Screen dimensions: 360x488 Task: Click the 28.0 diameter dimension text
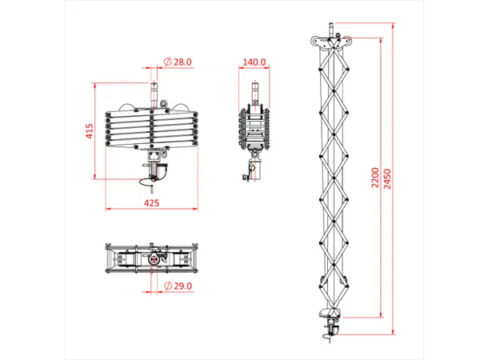tap(180, 62)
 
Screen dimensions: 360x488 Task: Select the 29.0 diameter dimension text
tap(180, 285)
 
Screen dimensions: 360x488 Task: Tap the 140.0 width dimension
tap(255, 62)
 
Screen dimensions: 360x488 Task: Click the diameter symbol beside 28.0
tap(166, 62)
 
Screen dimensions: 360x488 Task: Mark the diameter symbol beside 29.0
tap(166, 285)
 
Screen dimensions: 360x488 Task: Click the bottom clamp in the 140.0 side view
tap(253, 170)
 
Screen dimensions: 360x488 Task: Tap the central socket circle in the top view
tap(152, 260)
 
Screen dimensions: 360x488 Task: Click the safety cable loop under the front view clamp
tap(147, 186)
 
